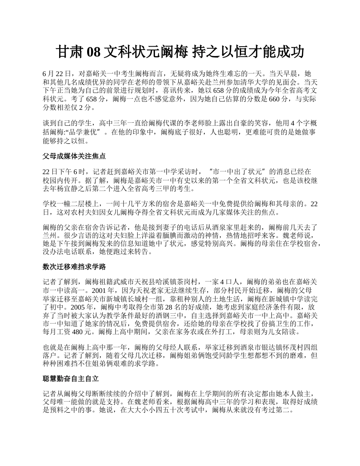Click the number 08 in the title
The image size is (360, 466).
(94, 52)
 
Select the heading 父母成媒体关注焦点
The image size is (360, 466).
(74, 156)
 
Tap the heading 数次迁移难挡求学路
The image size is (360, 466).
(74, 267)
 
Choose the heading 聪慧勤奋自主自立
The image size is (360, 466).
(71, 378)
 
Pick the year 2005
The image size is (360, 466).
(82, 307)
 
